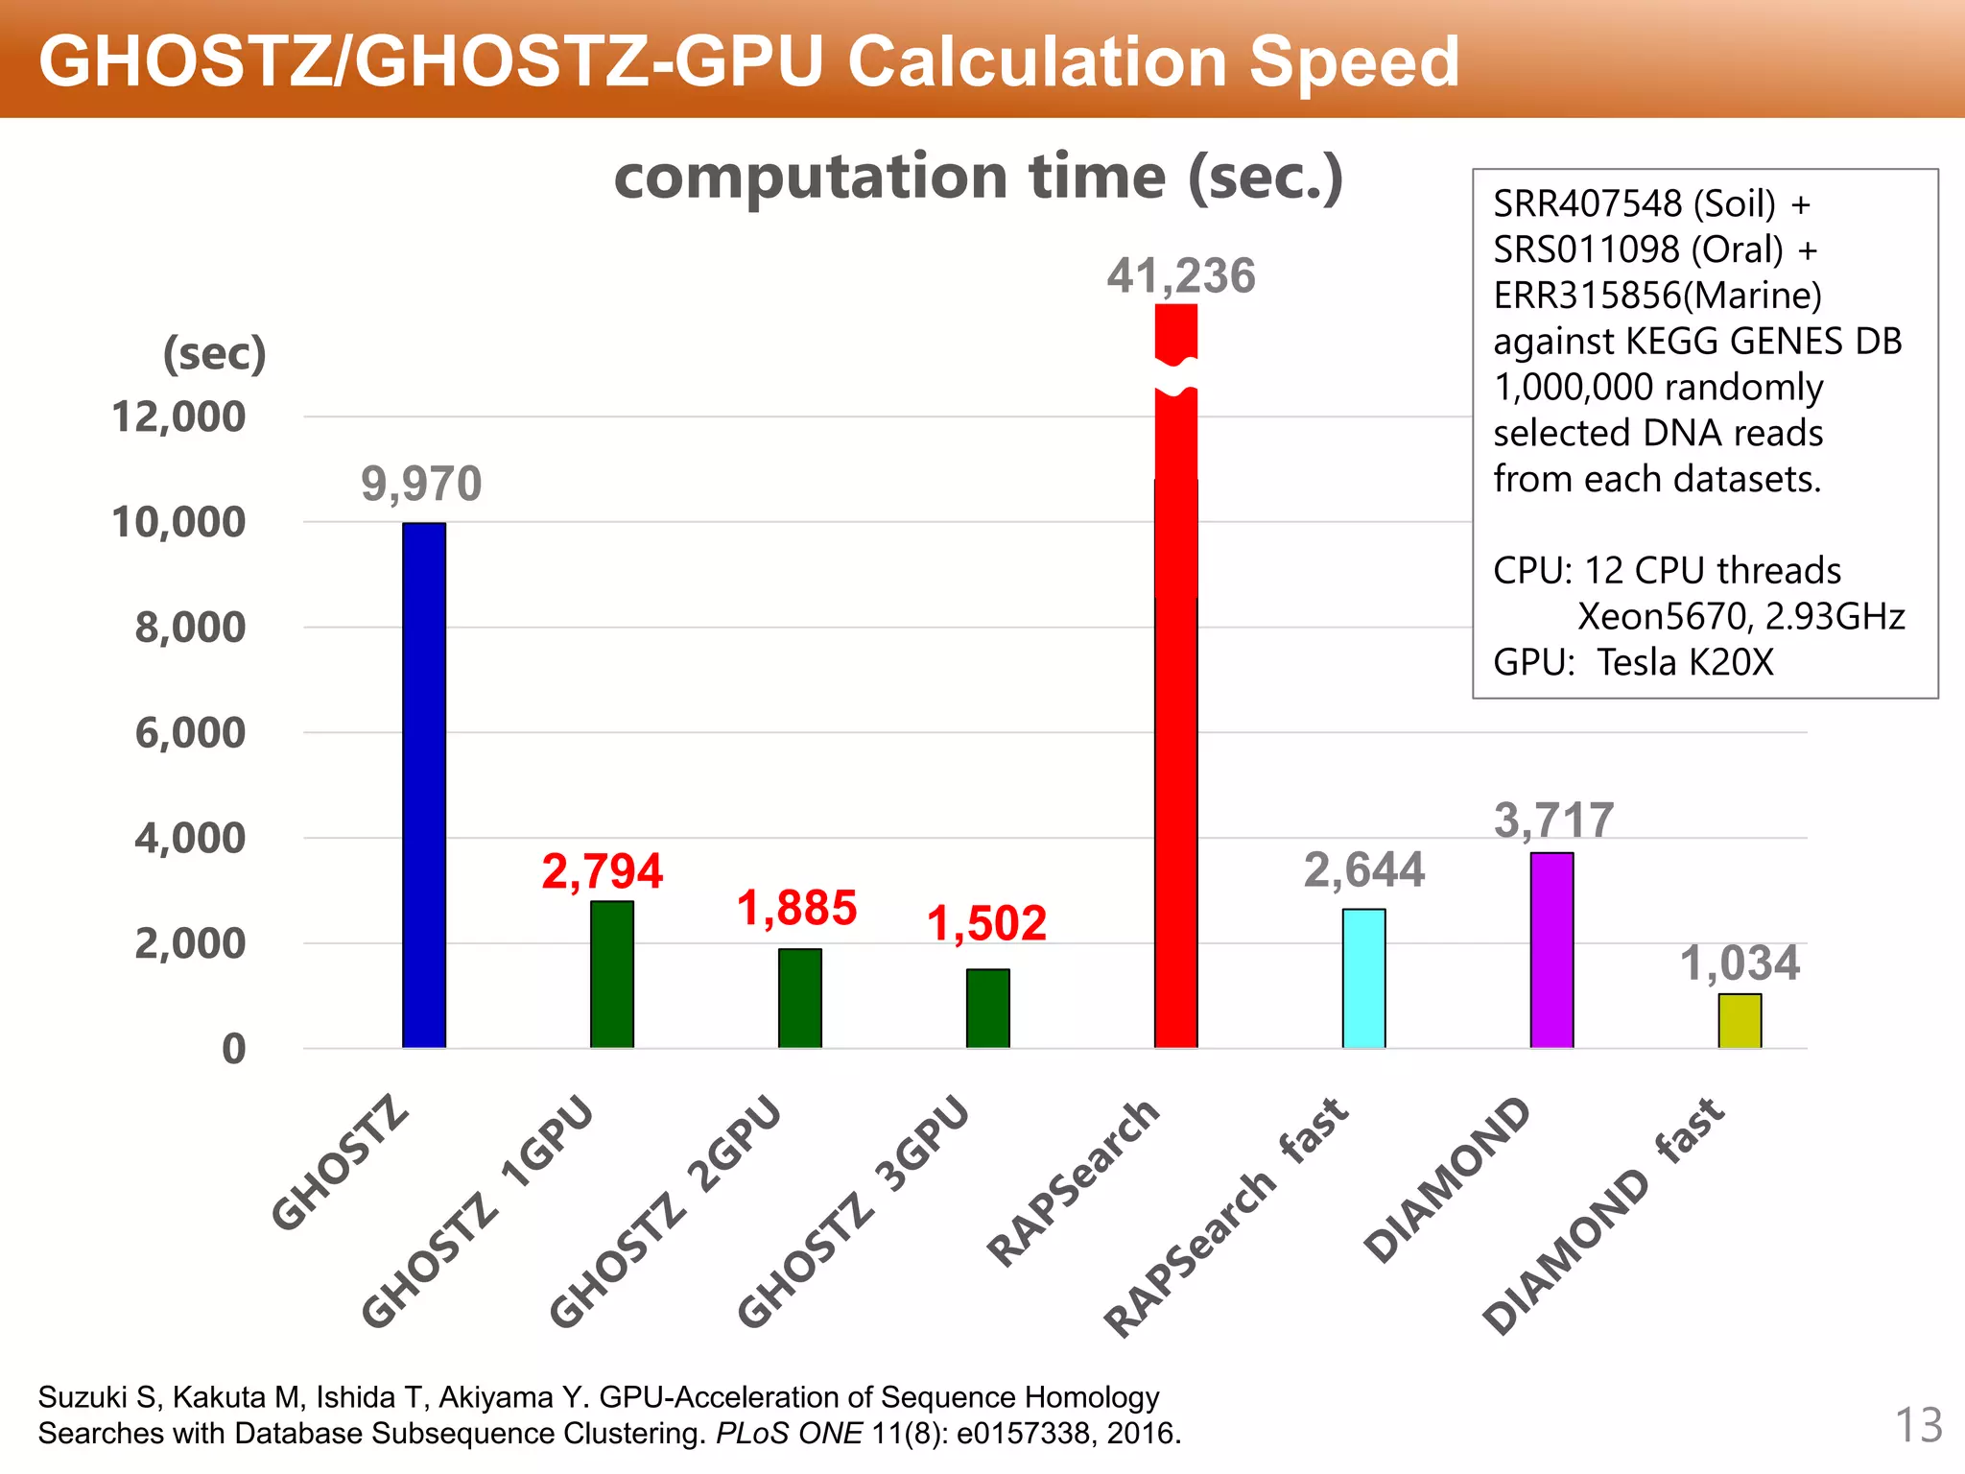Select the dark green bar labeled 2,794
(x=612, y=974)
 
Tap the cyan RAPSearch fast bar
(x=1363, y=978)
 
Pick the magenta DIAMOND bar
(x=1551, y=950)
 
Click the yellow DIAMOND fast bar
(x=1740, y=1021)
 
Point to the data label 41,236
(x=1180, y=276)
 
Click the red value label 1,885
(x=796, y=908)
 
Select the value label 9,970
(x=421, y=483)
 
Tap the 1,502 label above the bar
(x=986, y=923)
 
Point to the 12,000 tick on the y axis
(x=178, y=417)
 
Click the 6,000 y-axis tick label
(x=190, y=733)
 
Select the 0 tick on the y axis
(x=233, y=1049)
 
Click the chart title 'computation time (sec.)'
(x=978, y=178)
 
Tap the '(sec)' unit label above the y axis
(x=214, y=354)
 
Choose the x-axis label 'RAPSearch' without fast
(x=1074, y=1182)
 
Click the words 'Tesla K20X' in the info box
(x=1685, y=662)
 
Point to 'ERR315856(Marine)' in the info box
(x=1657, y=295)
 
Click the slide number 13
(x=1919, y=1425)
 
